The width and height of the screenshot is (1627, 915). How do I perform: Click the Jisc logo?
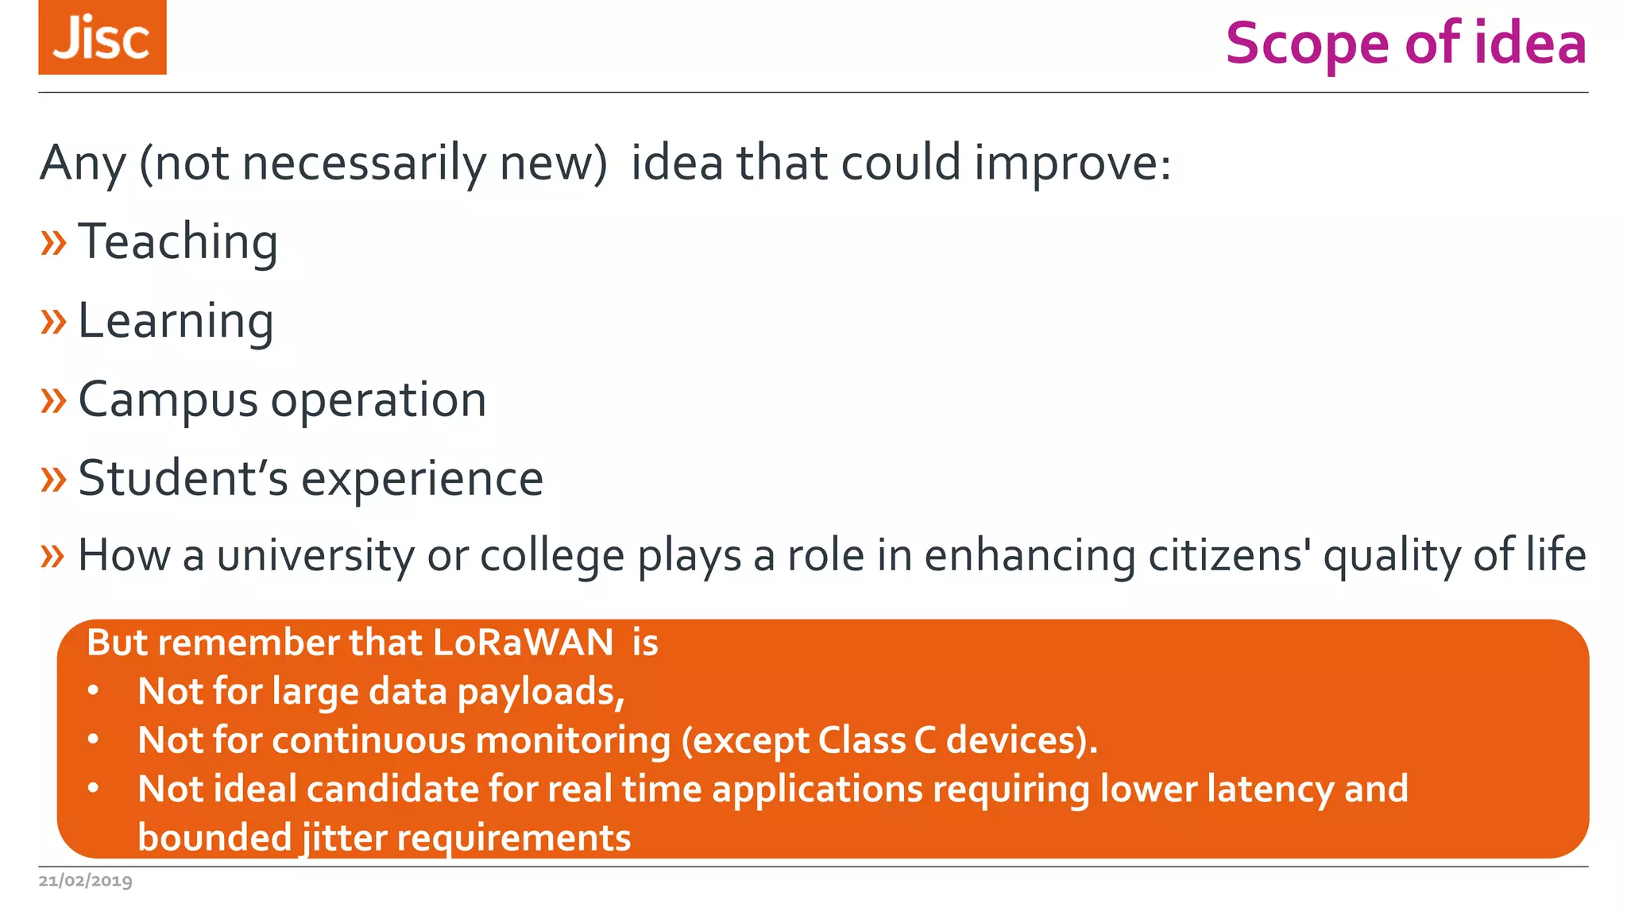coord(102,37)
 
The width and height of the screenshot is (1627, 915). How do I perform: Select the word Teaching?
coord(178,241)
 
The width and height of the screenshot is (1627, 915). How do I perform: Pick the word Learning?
coord(176,322)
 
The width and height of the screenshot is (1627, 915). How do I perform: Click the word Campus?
coord(168,400)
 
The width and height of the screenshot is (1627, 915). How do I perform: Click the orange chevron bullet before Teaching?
coord(53,242)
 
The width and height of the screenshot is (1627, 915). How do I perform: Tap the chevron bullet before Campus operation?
coord(53,400)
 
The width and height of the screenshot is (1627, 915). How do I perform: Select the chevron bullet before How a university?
coord(53,555)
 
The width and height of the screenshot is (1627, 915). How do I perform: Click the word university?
coord(315,555)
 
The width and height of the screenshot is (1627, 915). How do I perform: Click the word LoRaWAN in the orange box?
coord(523,643)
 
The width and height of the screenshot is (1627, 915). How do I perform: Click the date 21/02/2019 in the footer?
coord(86,881)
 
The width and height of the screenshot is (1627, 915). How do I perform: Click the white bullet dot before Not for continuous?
coord(94,740)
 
